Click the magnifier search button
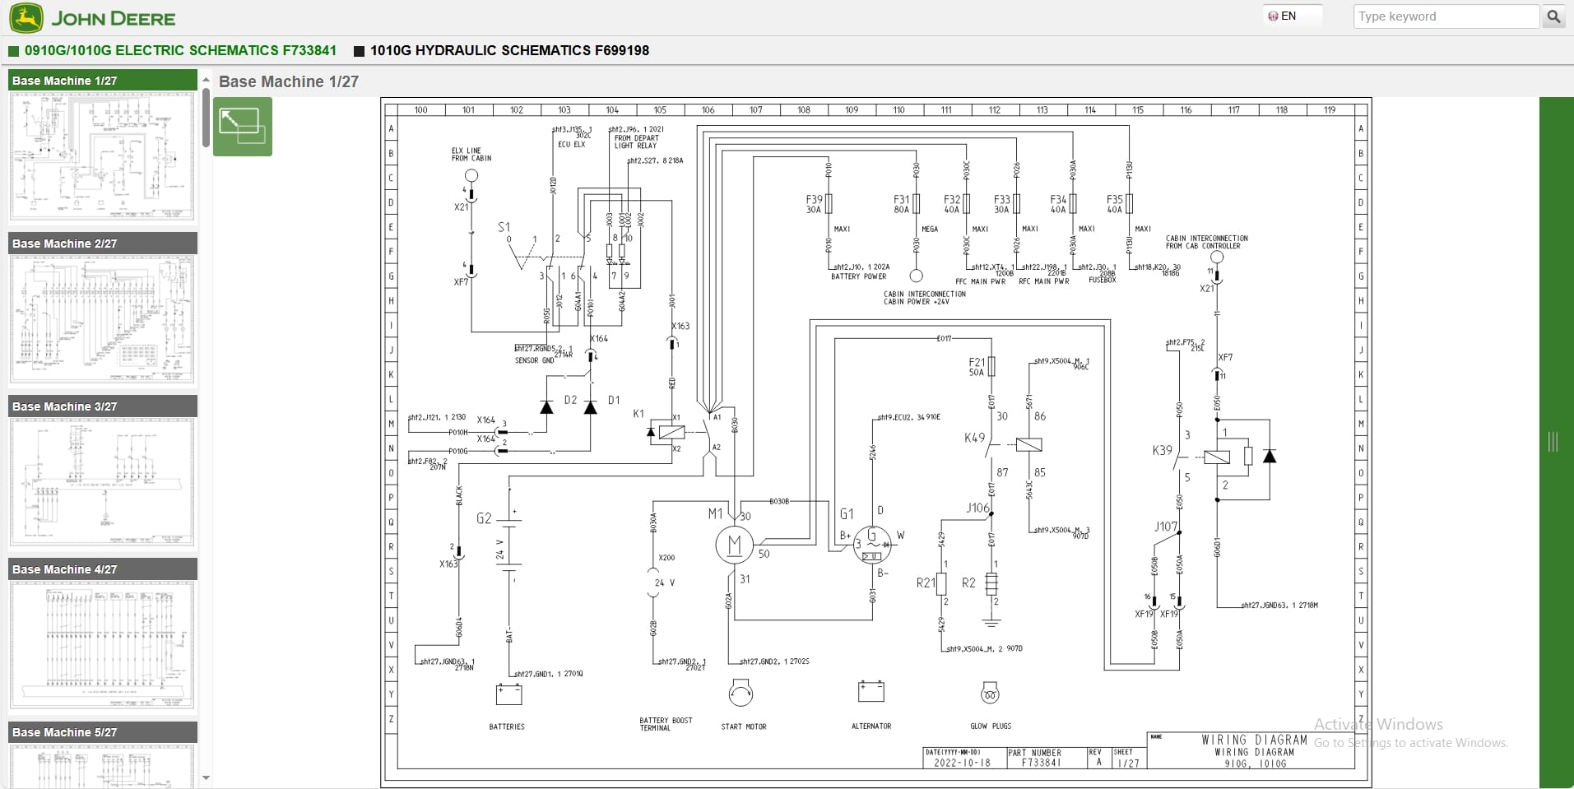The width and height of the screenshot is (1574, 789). click(x=1553, y=16)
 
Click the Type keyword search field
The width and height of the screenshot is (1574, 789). click(x=1445, y=16)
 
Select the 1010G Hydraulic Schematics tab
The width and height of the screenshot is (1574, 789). click(x=508, y=50)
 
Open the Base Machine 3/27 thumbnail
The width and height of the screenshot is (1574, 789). click(x=102, y=481)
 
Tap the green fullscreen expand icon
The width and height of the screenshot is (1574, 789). click(x=242, y=127)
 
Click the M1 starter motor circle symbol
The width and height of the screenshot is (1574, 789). click(x=734, y=545)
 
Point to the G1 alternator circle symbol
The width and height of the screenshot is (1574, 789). click(x=871, y=545)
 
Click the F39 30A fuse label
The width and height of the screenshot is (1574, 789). click(x=814, y=204)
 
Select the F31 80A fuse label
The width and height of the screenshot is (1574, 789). click(x=902, y=204)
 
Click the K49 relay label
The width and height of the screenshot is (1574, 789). click(x=974, y=438)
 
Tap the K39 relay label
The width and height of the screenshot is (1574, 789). click(x=1162, y=450)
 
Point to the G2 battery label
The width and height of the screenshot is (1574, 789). click(x=484, y=518)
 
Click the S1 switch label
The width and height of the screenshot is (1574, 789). click(x=504, y=227)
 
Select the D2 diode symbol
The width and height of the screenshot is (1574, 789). click(x=547, y=407)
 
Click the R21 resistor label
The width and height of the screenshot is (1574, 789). click(x=926, y=582)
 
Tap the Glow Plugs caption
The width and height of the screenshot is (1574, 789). click(x=991, y=726)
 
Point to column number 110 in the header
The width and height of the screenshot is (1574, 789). click(x=898, y=109)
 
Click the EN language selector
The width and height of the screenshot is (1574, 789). click(x=1283, y=16)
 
